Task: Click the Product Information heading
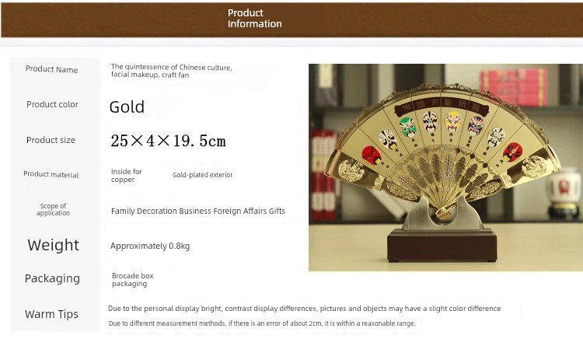coord(255,18)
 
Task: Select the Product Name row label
coord(51,69)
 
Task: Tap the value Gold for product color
coord(127,107)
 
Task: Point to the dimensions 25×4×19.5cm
coord(168,141)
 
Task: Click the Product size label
coord(51,140)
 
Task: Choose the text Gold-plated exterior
coord(203,175)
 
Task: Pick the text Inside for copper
coord(127,175)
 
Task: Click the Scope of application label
coord(53,209)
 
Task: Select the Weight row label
coord(53,245)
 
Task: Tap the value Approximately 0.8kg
coord(150,246)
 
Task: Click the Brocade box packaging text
coord(133,279)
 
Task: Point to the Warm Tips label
coord(51,314)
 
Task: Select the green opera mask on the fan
coord(408,127)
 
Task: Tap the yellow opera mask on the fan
coord(453,122)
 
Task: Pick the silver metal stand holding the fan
coord(442,216)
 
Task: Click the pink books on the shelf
coord(513,87)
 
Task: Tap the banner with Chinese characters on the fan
coord(442,105)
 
